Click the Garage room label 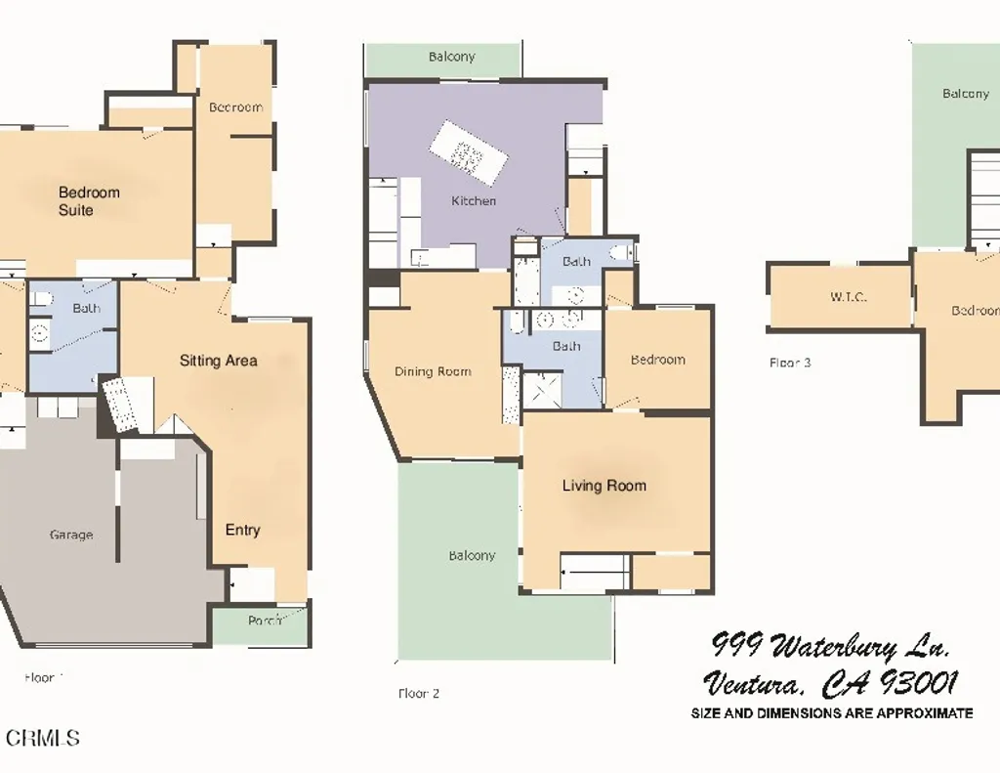click(71, 535)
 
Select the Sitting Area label click(218, 361)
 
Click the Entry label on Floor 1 click(242, 530)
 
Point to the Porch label click(262, 620)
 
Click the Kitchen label click(474, 201)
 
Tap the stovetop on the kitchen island click(468, 154)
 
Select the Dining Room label click(433, 371)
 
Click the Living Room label click(604, 486)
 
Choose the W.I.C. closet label click(848, 297)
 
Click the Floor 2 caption click(419, 694)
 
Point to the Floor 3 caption click(790, 363)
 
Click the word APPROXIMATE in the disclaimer click(924, 713)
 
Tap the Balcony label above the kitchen click(452, 57)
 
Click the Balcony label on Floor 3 click(965, 94)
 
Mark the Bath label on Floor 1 click(86, 309)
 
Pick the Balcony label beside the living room click(472, 556)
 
